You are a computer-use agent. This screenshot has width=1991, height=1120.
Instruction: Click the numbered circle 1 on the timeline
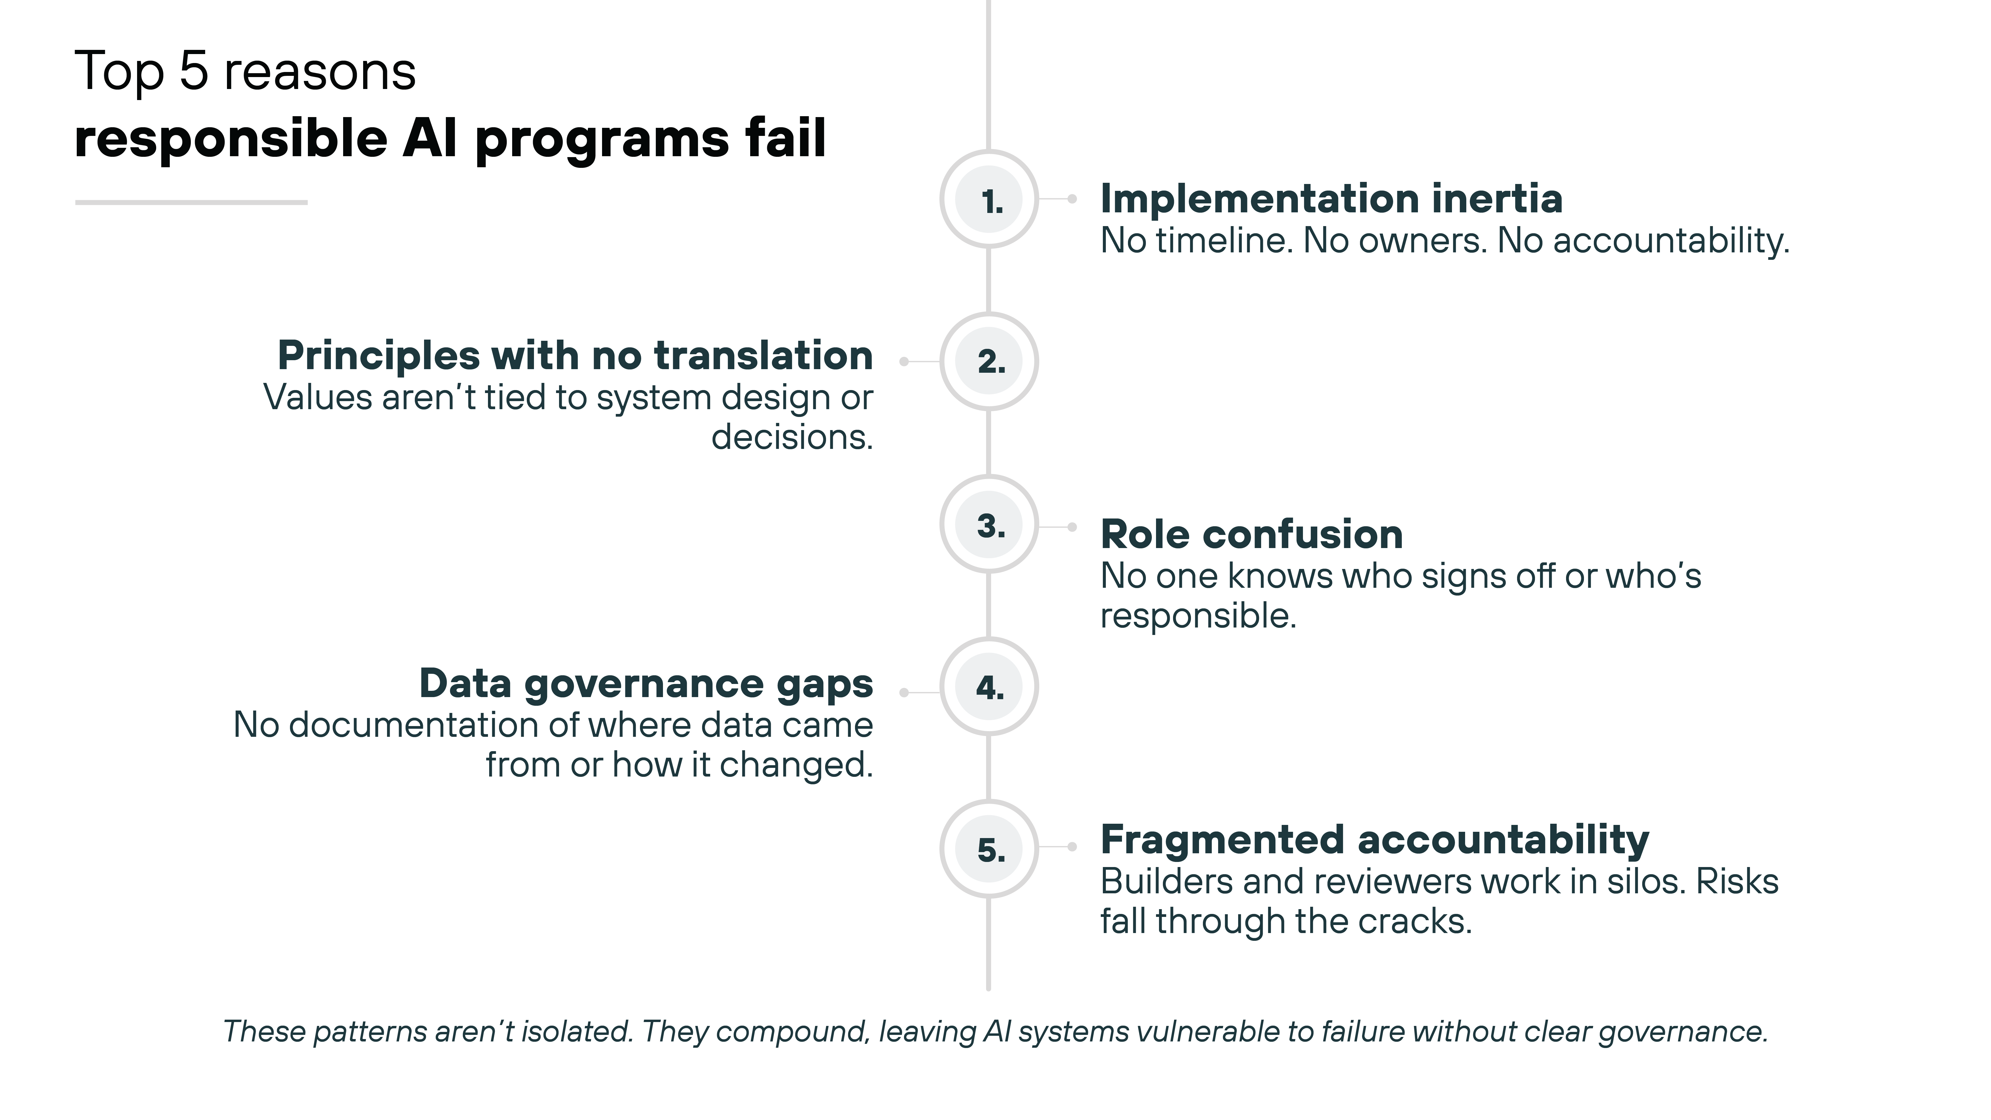989,200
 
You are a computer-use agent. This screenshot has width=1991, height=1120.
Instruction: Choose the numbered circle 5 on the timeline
989,849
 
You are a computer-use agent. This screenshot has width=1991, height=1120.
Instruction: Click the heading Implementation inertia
1331,199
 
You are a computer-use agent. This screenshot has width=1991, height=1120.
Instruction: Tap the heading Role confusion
1251,534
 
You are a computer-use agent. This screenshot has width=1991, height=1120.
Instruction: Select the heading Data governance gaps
646,684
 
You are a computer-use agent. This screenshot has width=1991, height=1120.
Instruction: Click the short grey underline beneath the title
191,202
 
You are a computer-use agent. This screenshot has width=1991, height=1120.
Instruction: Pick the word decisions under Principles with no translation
791,438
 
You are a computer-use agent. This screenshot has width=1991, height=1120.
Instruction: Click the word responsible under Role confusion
1197,616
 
